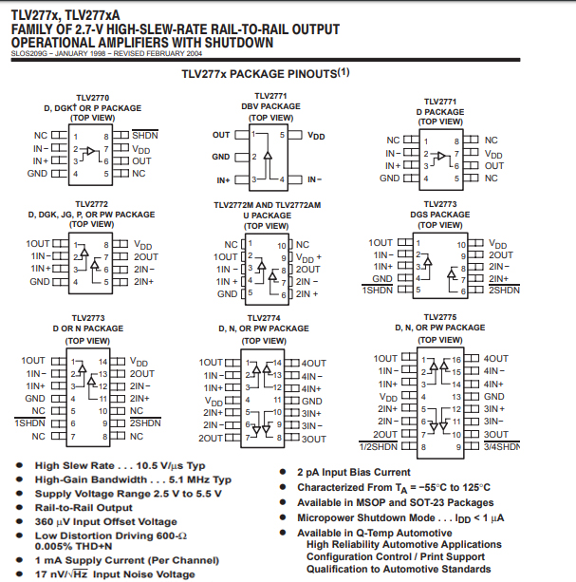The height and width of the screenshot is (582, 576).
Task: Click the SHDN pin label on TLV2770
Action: (x=144, y=136)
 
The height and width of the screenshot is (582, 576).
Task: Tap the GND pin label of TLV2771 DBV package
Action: (x=220, y=157)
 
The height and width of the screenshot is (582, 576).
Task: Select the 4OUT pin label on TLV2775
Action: (x=495, y=359)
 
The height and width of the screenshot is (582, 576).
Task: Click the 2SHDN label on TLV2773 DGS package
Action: (x=504, y=289)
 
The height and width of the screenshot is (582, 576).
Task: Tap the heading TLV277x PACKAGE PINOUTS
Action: (x=265, y=72)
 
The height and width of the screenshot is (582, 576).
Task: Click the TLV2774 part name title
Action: (x=264, y=318)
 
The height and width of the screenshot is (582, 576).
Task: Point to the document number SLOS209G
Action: (x=32, y=54)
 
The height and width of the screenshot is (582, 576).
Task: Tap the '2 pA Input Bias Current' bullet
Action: (x=354, y=472)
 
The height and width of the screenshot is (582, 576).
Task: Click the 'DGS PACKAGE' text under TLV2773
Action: (x=439, y=215)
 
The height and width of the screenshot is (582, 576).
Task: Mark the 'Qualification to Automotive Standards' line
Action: (x=399, y=569)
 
